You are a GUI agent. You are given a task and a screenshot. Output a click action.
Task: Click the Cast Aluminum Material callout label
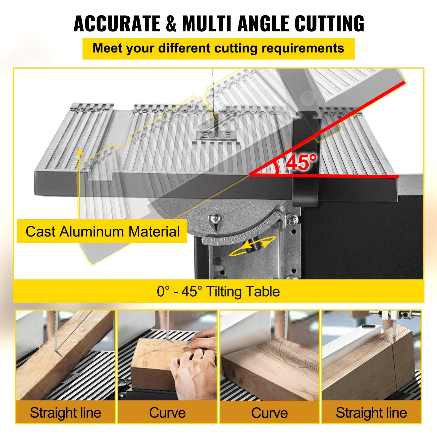coord(102,231)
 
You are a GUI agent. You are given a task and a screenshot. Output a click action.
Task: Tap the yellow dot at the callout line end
coord(80,152)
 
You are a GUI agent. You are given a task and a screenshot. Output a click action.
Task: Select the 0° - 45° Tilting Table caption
coord(218,291)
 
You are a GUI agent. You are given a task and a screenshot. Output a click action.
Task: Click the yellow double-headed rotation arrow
coord(253,246)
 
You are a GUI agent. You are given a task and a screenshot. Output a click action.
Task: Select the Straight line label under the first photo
coord(66,412)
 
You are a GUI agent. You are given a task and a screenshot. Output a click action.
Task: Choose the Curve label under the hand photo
coord(167,412)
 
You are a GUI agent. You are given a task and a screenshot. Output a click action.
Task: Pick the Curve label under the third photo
coord(270,412)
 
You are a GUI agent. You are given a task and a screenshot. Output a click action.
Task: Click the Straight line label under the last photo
coord(371,412)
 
